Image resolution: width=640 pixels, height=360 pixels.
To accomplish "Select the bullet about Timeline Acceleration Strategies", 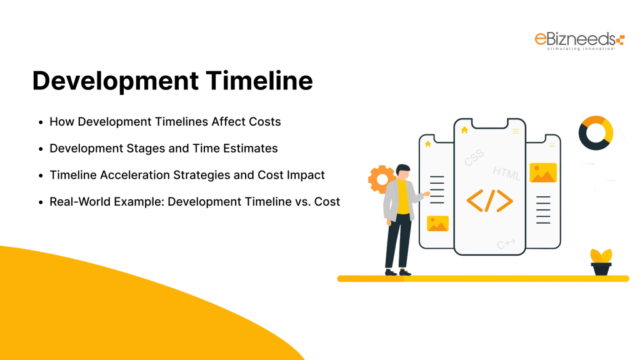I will [x=187, y=175].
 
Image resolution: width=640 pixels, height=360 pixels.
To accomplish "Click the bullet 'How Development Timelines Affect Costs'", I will [x=165, y=121].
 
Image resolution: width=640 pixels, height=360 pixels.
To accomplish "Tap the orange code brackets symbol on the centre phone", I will [x=490, y=199].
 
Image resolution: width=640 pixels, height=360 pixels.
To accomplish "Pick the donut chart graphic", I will [x=596, y=133].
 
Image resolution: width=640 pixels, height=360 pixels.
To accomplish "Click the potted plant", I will [x=601, y=262].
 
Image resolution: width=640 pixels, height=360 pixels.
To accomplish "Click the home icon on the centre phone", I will [x=464, y=130].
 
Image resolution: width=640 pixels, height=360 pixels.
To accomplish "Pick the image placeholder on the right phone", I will [x=543, y=172].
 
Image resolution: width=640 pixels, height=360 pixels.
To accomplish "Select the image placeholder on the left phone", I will [x=437, y=223].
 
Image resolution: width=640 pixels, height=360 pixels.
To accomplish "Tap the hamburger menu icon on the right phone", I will [x=553, y=144].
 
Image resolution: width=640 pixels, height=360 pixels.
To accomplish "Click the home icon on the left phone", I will [x=427, y=144].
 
